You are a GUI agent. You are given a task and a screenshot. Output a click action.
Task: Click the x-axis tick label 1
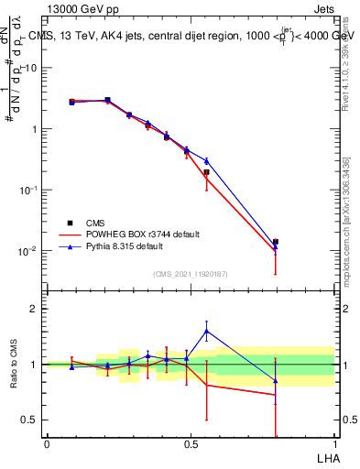pyautogui.click(x=334, y=444)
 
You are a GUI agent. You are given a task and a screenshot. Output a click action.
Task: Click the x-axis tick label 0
pyautogui.click(x=47, y=444)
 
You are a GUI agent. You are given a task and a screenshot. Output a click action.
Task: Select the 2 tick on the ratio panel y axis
pyautogui.click(x=35, y=309)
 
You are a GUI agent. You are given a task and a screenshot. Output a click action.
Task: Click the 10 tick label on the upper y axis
pyautogui.click(x=31, y=68)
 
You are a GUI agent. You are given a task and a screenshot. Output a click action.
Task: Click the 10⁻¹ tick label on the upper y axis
pyautogui.click(x=29, y=190)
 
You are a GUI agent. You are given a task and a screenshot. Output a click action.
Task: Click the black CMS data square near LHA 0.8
pyautogui.click(x=276, y=242)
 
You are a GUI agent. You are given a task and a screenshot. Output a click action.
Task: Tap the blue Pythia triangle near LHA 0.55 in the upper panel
pyautogui.click(x=207, y=161)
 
